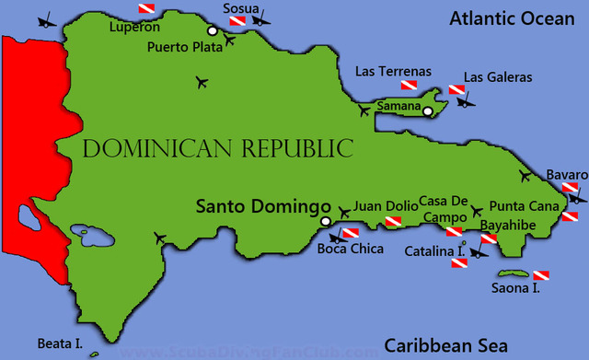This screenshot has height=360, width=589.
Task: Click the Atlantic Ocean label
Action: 511,17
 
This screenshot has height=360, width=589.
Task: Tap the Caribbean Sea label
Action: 445,345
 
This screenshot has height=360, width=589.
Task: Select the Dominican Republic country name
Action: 217,148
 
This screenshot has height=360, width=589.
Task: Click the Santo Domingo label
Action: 261,206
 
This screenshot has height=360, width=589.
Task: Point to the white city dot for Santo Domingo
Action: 325,222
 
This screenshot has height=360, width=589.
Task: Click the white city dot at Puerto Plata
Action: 212,30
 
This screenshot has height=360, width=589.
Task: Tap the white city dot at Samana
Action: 428,111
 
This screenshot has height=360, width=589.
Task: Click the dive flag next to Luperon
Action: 147,9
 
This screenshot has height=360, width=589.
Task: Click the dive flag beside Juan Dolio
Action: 393,222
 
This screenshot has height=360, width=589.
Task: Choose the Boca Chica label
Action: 350,248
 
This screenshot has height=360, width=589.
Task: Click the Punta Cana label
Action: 524,206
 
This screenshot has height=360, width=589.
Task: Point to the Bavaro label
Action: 566,175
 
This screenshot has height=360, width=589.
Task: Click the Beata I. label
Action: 60,344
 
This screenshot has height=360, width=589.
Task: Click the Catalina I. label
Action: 436,250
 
